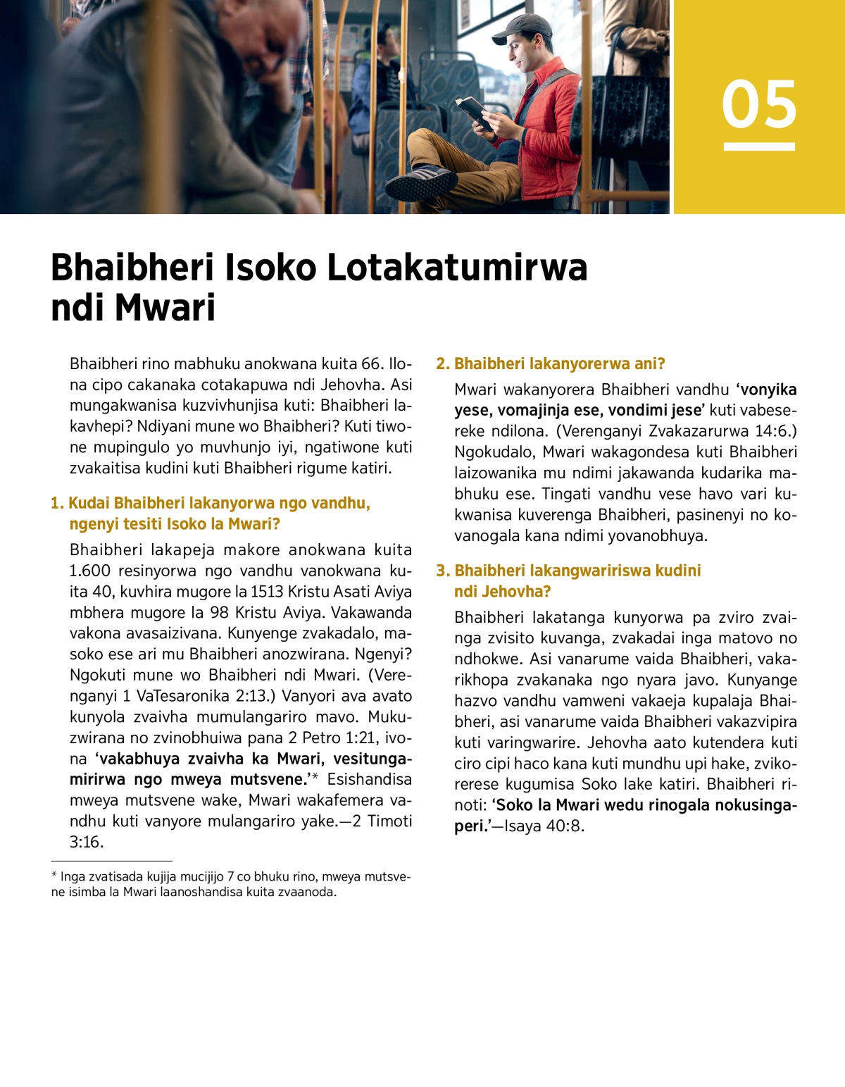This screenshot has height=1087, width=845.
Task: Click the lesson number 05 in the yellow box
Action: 759,104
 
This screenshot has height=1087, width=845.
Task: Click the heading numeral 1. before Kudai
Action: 57,503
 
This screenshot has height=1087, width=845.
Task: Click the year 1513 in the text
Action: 267,592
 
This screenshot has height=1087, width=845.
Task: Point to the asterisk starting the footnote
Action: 54,876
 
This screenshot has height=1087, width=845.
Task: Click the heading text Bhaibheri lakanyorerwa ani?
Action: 559,364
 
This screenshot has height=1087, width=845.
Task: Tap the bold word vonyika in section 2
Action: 769,390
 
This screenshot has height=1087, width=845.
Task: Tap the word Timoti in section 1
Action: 389,821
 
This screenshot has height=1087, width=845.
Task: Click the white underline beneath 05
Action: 759,147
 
